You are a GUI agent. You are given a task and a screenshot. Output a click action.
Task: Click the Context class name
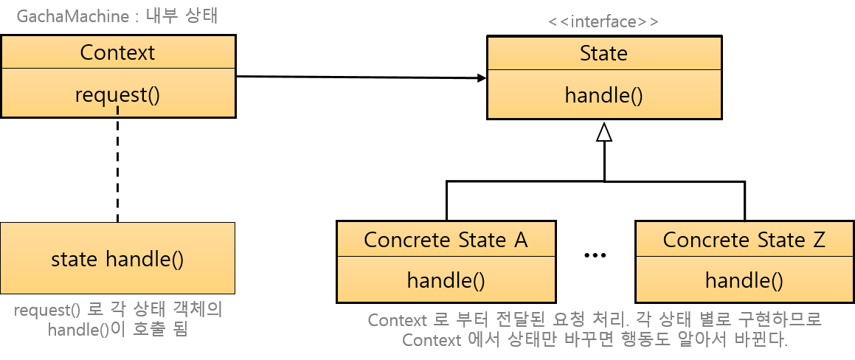point(117,53)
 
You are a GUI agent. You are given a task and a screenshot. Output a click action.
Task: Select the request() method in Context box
point(117,94)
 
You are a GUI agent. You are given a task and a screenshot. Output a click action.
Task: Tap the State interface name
point(603,53)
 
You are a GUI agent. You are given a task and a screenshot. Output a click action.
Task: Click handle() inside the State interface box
point(603,95)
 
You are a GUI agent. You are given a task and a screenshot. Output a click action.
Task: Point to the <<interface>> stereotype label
point(603,21)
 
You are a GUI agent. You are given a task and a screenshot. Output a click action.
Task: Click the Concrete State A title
point(446,240)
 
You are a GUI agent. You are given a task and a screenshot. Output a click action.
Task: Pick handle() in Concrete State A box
point(446,280)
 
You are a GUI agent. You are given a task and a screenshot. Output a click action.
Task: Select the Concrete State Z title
point(744,240)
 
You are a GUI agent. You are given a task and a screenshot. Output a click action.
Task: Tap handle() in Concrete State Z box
point(744,280)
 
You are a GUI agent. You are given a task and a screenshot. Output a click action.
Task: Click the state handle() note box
point(117,259)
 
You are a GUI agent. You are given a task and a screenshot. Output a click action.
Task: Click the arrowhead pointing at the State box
point(481,77)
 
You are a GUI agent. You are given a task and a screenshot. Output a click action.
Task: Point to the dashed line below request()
point(117,170)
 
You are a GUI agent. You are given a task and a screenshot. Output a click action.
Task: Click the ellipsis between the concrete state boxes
point(595,255)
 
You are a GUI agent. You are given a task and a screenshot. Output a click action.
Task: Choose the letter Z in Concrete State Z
point(817,240)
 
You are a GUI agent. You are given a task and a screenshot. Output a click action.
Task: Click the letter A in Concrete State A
point(521,240)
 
